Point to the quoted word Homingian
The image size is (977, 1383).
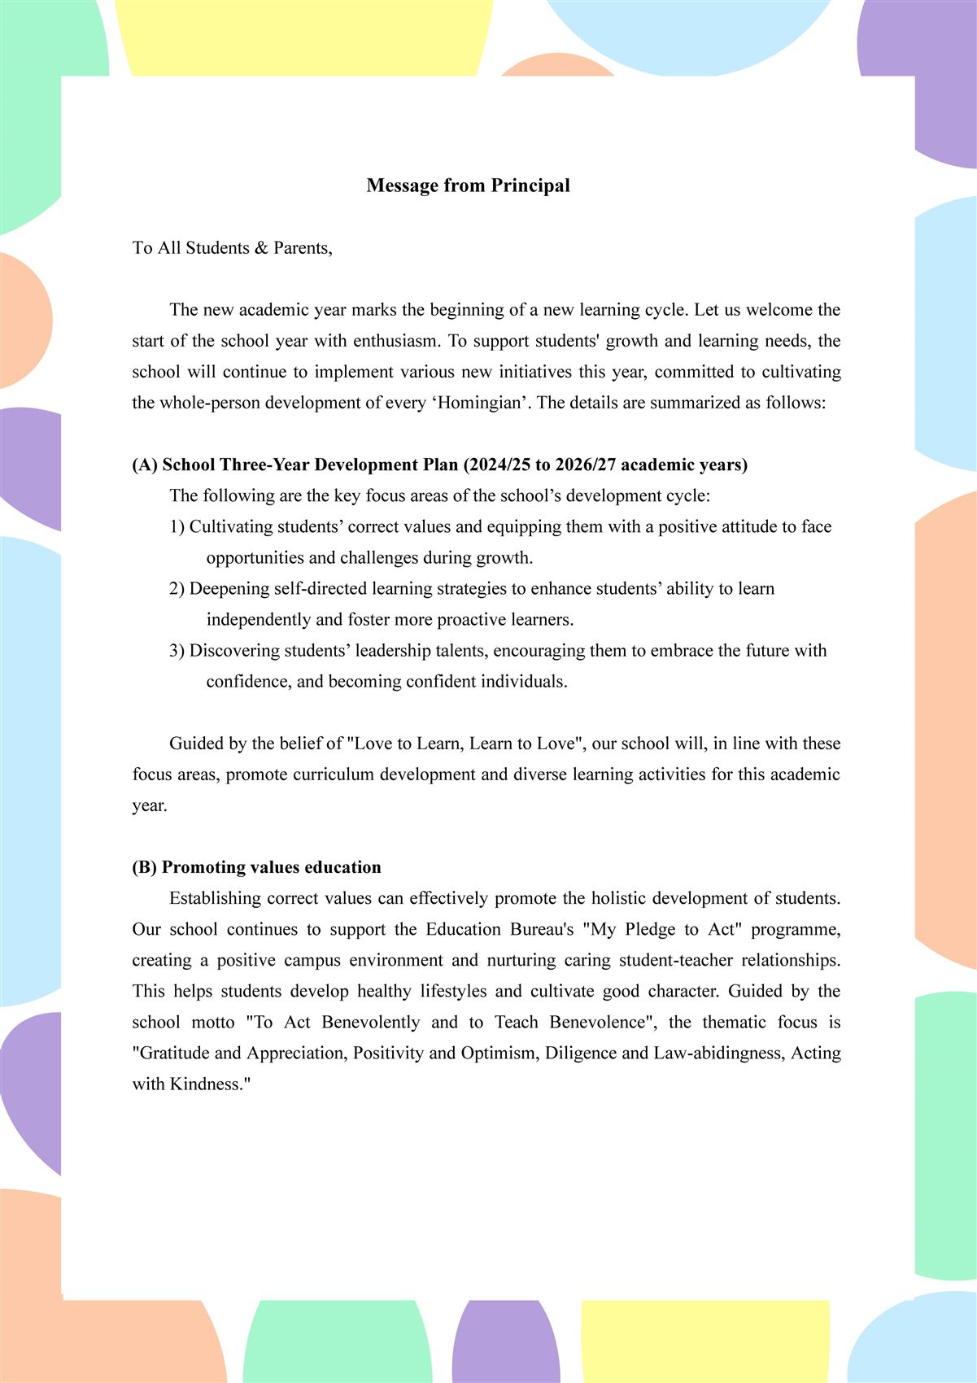(x=479, y=403)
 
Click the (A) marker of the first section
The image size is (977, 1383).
(x=145, y=465)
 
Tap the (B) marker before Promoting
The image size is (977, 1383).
(x=145, y=867)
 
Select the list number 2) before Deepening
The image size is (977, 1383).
(x=177, y=588)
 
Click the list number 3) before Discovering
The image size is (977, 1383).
(x=177, y=651)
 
